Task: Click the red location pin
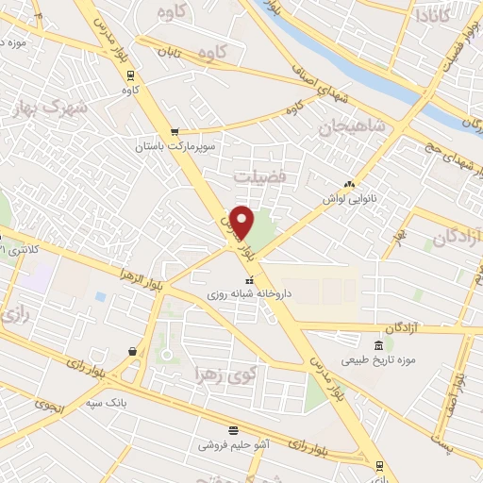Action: [x=242, y=221]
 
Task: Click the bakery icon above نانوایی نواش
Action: [x=350, y=184]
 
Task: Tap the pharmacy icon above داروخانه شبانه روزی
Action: [x=250, y=280]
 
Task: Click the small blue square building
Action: [x=100, y=296]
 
